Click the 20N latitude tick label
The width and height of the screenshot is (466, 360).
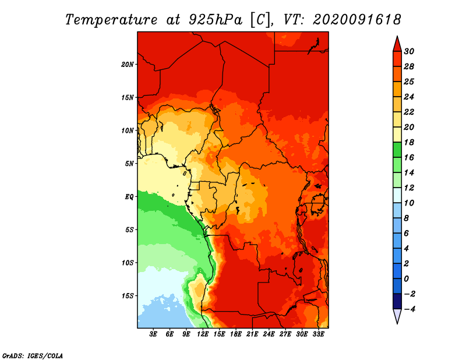coord(128,65)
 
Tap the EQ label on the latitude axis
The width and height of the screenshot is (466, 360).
coord(129,197)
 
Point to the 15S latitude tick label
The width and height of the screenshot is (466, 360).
coord(128,296)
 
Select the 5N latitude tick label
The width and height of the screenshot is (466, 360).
coord(129,164)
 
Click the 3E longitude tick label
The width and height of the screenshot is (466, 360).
coord(153,334)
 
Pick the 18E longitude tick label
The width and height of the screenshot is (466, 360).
coord(236,334)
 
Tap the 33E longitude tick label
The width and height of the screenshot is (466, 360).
coord(318,334)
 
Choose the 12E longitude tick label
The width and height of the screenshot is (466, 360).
coord(203,334)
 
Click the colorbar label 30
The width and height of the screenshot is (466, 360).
coord(409,51)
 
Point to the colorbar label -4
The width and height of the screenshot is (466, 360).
coord(409,309)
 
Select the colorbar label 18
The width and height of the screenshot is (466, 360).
coord(409,142)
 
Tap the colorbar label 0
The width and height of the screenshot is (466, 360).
coord(406,279)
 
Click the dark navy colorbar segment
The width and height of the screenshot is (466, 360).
coord(397,301)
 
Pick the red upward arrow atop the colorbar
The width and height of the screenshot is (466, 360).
coord(397,44)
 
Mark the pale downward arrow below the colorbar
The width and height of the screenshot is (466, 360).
coord(397,316)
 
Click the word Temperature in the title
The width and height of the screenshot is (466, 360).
coord(111,20)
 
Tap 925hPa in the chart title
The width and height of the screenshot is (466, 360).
coord(216,20)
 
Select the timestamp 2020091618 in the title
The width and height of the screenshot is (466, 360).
coord(357,20)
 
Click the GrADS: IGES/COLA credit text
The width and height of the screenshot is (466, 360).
coord(33,356)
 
